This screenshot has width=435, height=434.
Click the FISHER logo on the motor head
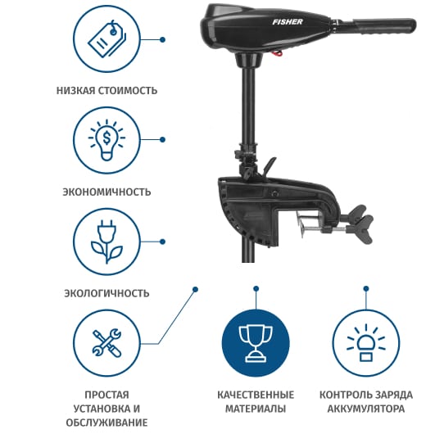click(288, 22)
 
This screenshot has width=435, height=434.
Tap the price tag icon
click(106, 39)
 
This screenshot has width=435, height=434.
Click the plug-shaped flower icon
click(106, 242)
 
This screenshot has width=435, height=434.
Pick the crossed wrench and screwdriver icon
click(106, 343)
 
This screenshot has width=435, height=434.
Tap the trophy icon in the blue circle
click(256, 343)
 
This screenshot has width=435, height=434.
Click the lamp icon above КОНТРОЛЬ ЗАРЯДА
click(366, 343)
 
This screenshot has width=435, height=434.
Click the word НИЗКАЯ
click(75, 91)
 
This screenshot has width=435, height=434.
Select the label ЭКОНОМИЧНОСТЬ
click(106, 192)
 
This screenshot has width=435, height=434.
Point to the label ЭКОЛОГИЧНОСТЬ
click(106, 293)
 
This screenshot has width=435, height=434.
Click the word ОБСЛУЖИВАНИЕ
click(106, 423)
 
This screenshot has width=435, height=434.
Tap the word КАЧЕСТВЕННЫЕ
click(256, 395)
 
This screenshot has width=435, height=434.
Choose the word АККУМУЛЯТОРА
click(366, 409)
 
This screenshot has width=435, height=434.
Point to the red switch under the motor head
click(278, 53)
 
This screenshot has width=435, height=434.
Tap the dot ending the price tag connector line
click(163, 39)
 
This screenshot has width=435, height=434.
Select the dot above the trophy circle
click(256, 289)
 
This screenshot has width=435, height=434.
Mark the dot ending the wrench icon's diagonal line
click(195, 289)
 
